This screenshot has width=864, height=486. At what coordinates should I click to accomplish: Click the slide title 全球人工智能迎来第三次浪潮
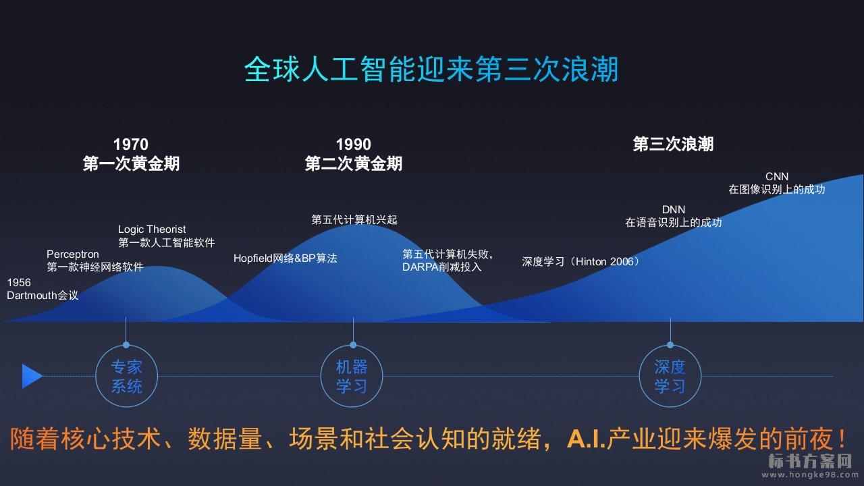pos(431,70)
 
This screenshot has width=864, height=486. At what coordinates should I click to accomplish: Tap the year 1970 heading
pos(131,144)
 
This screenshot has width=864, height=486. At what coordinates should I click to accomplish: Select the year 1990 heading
pos(353,144)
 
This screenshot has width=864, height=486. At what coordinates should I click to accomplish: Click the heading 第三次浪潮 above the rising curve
pos(673,144)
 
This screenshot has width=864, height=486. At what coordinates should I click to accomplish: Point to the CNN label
pos(777,176)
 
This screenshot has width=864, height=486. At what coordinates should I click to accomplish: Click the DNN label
pos(674,209)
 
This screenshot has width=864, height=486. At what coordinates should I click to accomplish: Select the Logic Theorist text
pos(152,230)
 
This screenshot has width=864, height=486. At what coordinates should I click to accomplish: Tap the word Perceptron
pos(73,254)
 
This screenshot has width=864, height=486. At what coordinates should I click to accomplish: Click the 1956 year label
pos(19,282)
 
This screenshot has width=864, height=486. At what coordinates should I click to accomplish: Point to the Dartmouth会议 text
pos(43,296)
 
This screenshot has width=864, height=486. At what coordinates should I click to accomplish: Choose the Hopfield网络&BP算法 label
pos(286,258)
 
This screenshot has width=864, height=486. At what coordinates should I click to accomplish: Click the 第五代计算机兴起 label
pos(354,220)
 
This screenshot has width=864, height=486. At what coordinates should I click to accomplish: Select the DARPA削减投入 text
pos(442,267)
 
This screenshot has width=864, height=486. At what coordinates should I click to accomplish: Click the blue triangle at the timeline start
pos(31,376)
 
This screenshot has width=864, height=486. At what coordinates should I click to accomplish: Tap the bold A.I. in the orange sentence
pos(586,439)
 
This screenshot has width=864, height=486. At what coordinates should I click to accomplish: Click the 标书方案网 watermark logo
pos(809,461)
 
